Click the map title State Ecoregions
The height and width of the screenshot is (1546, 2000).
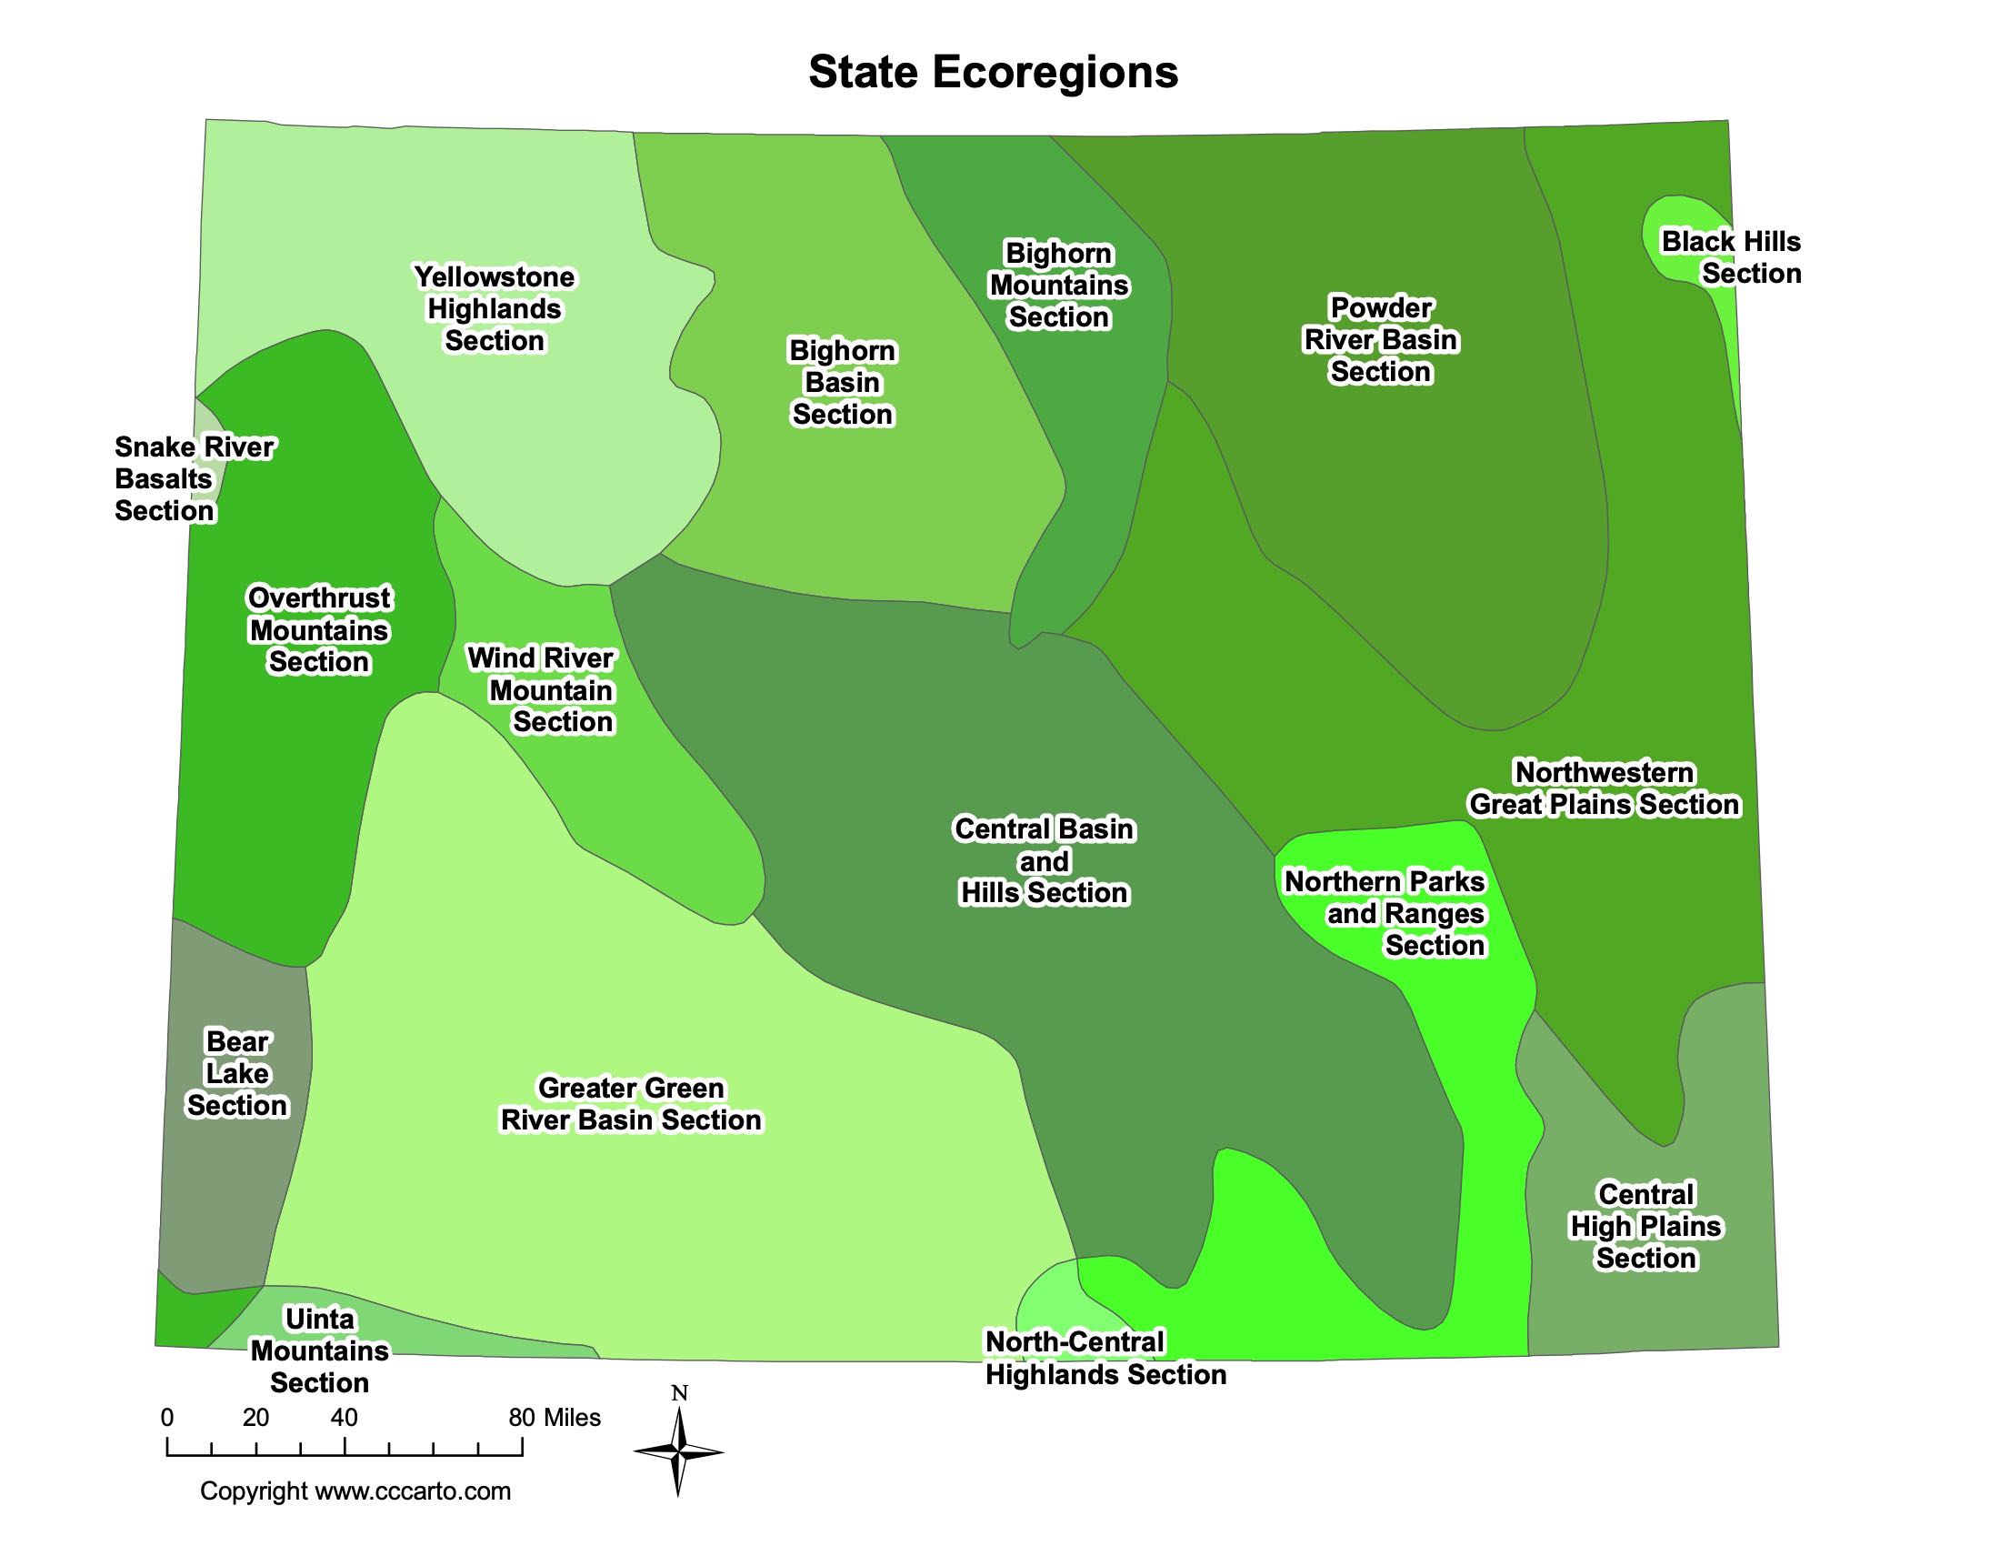click(993, 72)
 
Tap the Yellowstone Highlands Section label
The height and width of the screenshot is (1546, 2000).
click(495, 308)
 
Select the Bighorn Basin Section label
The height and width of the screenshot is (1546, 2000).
click(843, 382)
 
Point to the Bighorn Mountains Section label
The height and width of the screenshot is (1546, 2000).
click(1058, 285)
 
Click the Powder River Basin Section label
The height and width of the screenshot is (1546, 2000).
click(1380, 339)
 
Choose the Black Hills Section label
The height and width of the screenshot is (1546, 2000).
click(1732, 257)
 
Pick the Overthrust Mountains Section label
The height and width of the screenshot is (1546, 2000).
click(319, 630)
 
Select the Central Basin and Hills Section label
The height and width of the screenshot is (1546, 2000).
click(1044, 860)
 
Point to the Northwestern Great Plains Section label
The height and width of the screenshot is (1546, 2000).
click(1604, 788)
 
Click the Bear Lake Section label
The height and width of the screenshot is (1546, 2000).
click(237, 1073)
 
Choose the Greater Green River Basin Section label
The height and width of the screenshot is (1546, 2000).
click(631, 1104)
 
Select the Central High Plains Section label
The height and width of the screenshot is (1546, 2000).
click(1645, 1226)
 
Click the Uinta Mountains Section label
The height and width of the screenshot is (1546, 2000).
click(320, 1350)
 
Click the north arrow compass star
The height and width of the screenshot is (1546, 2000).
click(678, 1451)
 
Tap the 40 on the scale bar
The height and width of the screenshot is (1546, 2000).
click(345, 1418)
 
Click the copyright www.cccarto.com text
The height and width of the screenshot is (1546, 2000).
click(355, 1491)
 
